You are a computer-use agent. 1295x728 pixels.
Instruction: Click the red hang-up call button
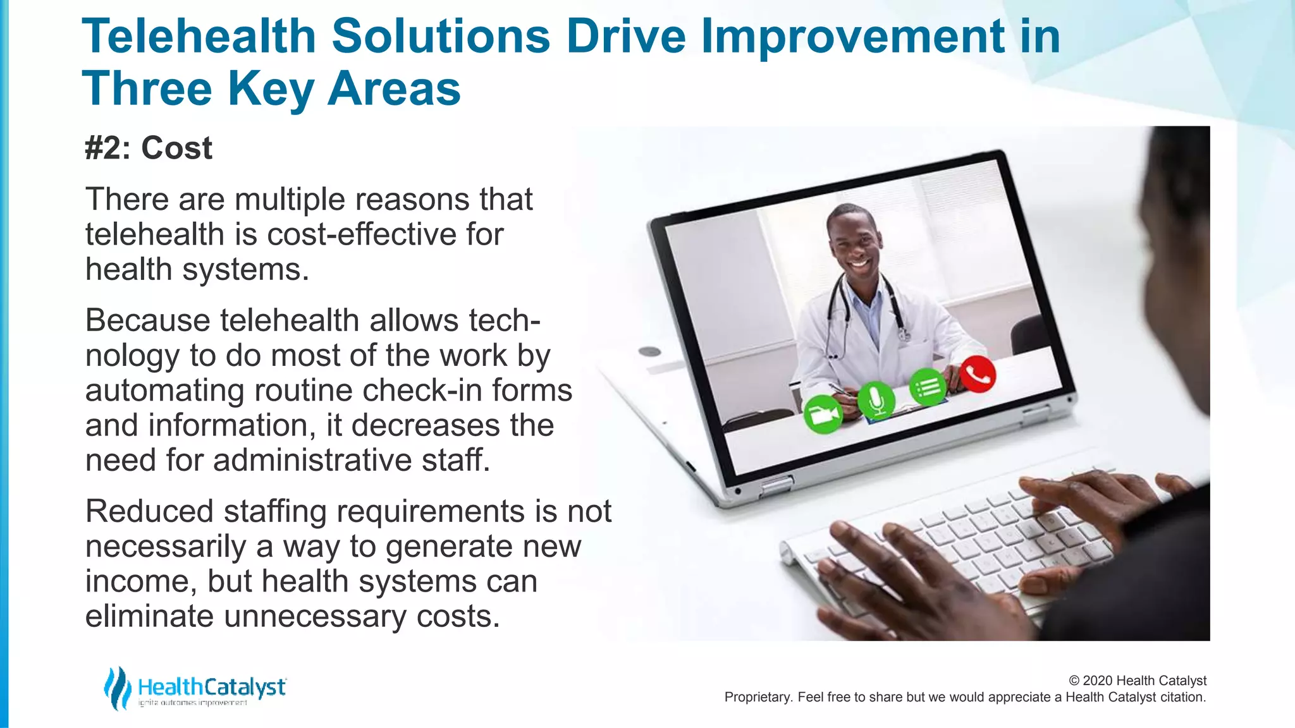pyautogui.click(x=978, y=375)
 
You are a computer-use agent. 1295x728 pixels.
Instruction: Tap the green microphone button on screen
pyautogui.click(x=876, y=400)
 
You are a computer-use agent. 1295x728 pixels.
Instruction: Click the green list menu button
pyautogui.click(x=928, y=387)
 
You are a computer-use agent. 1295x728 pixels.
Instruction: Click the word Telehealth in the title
pyautogui.click(x=199, y=36)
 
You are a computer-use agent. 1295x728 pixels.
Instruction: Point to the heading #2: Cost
pyautogui.click(x=149, y=149)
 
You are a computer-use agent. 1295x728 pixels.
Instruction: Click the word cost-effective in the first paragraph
pyautogui.click(x=362, y=234)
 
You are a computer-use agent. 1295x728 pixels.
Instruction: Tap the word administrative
pyautogui.click(x=312, y=460)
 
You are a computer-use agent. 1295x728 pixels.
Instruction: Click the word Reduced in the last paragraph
pyautogui.click(x=149, y=511)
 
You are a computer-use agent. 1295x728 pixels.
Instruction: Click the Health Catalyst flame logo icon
pyautogui.click(x=117, y=688)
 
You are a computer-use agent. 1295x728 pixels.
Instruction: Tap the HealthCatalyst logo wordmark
pyautogui.click(x=212, y=687)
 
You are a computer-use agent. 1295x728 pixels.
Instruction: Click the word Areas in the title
pyautogui.click(x=394, y=88)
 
